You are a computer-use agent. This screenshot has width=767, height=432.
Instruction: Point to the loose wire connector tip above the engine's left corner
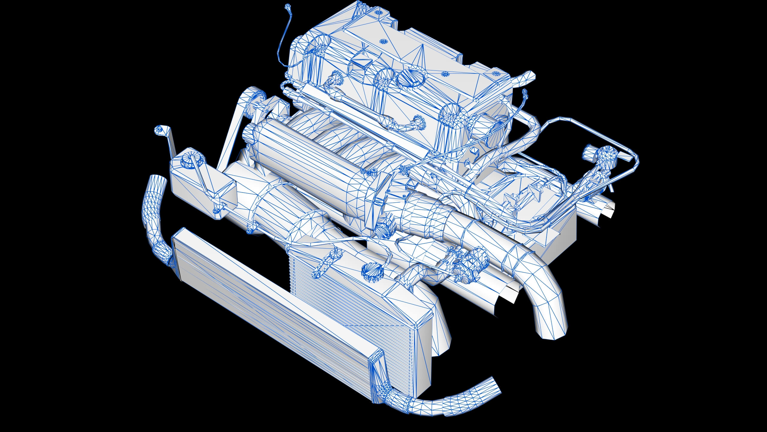point(288,6)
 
